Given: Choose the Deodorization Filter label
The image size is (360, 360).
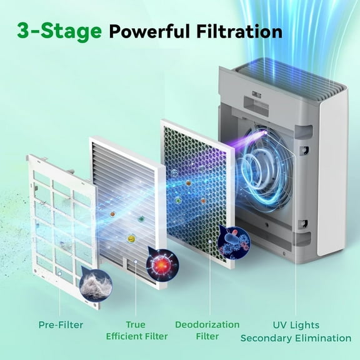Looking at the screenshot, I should click(x=207, y=331).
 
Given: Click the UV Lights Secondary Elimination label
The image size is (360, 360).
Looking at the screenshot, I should click(x=296, y=331).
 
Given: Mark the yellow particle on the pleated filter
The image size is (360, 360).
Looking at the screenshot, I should click(x=132, y=237).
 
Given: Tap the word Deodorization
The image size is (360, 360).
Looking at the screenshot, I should click(x=207, y=324).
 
